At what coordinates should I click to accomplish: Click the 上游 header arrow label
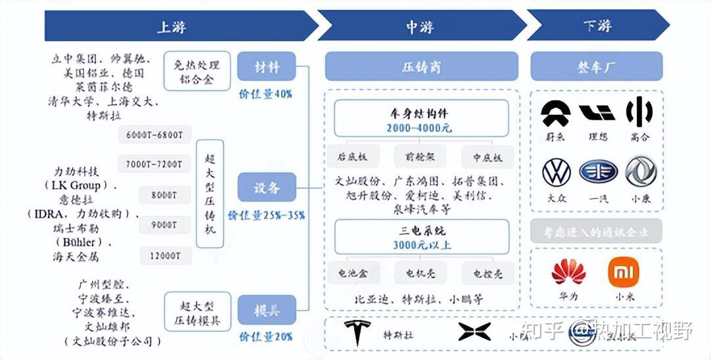tap(172, 26)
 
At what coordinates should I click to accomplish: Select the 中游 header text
tap(421, 26)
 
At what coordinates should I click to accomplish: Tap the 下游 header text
tap(597, 26)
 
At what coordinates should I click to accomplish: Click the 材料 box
tap(267, 67)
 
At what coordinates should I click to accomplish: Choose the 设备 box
tap(267, 188)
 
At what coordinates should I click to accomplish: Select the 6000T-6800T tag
tap(155, 135)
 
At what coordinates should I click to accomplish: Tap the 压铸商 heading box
tap(421, 67)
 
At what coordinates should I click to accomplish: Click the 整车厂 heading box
tap(596, 67)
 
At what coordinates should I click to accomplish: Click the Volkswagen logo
tap(556, 172)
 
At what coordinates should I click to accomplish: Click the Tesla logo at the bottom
tap(357, 333)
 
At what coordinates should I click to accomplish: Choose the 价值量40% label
tap(265, 94)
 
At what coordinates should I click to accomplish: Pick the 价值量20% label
tap(265, 337)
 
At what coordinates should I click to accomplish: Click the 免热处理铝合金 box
tap(197, 72)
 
